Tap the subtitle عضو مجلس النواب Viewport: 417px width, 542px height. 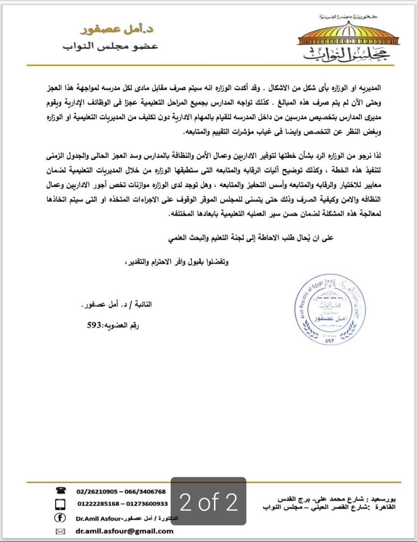111,46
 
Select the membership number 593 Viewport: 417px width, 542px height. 94,325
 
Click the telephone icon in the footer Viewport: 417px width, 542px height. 61,491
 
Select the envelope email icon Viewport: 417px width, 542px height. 61,531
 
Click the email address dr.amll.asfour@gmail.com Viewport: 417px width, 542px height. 125,531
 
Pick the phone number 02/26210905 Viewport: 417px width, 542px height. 97,492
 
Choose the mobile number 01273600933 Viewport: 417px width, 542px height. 147,504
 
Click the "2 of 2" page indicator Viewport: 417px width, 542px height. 208,502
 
